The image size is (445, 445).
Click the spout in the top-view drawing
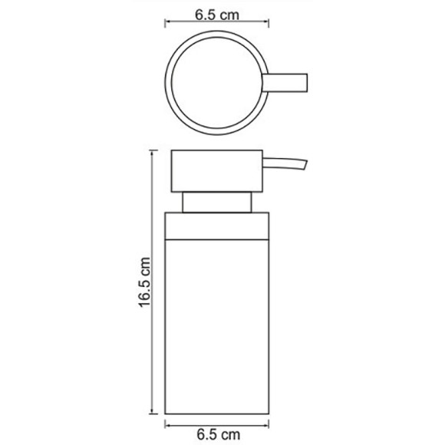point(287,81)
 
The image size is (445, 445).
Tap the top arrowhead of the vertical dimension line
point(162,152)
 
